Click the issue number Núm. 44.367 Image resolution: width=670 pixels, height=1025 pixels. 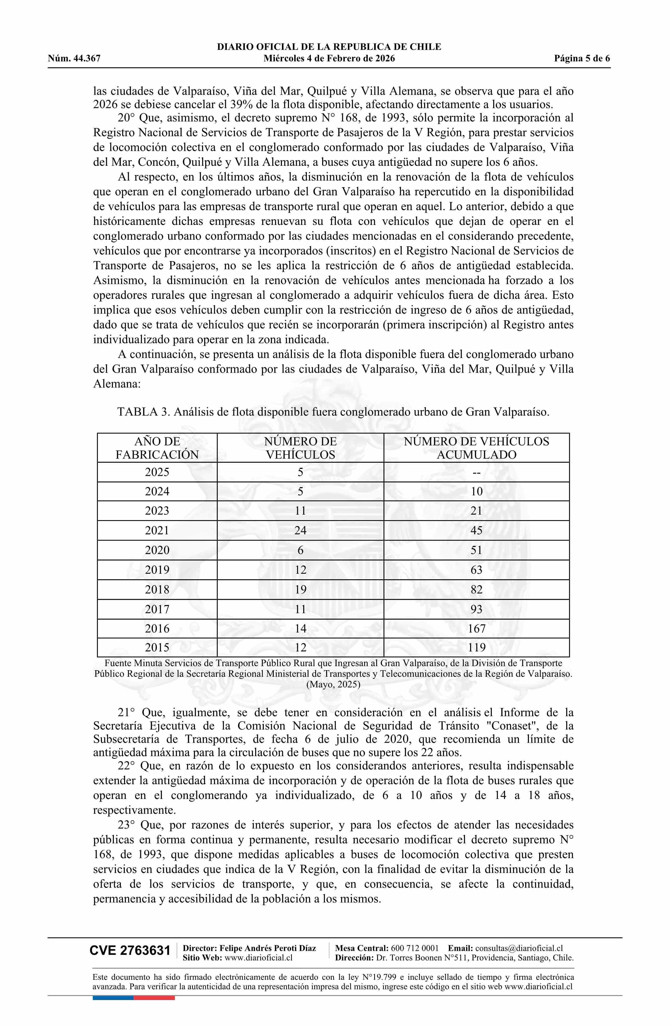point(74,59)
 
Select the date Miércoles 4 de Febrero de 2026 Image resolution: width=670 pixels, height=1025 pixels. point(329,59)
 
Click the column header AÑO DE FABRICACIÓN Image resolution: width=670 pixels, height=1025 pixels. point(157,448)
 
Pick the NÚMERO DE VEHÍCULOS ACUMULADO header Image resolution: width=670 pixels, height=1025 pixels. point(476,448)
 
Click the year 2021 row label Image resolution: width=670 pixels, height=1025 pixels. point(157,530)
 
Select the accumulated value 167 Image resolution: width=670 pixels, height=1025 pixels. point(476,628)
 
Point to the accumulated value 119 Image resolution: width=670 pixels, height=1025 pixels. point(476,647)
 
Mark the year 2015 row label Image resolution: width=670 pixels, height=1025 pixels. point(157,647)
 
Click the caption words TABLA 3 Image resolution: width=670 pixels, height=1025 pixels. point(143,412)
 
